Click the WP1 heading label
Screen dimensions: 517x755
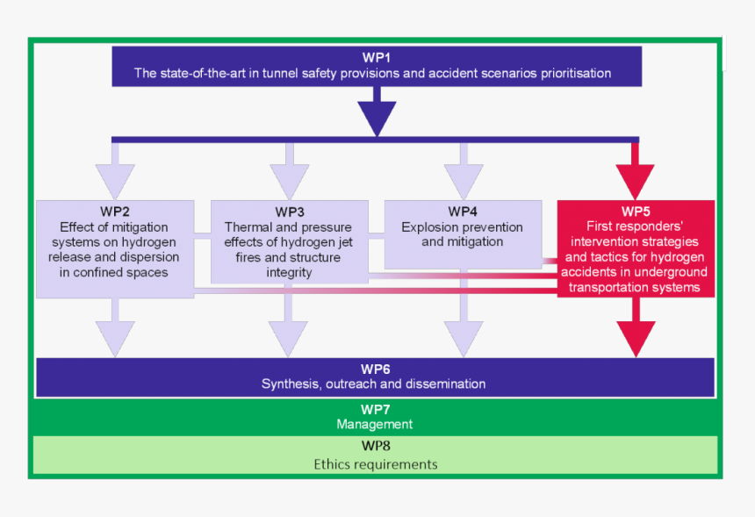coord(376,58)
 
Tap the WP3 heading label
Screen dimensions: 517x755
coord(289,212)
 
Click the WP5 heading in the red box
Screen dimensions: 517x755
coord(636,212)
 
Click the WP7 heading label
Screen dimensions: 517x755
coord(375,409)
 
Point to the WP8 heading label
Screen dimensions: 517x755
coord(375,447)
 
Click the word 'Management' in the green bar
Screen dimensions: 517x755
coord(375,424)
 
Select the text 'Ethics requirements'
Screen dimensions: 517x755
coord(375,463)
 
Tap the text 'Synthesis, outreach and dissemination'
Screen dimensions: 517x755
coord(374,384)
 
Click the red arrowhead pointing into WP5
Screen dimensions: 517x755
coord(636,180)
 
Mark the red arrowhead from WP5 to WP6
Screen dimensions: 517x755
coord(636,337)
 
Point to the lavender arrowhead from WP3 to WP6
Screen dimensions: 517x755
coord(289,337)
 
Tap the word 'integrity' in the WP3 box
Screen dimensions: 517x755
coord(289,272)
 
